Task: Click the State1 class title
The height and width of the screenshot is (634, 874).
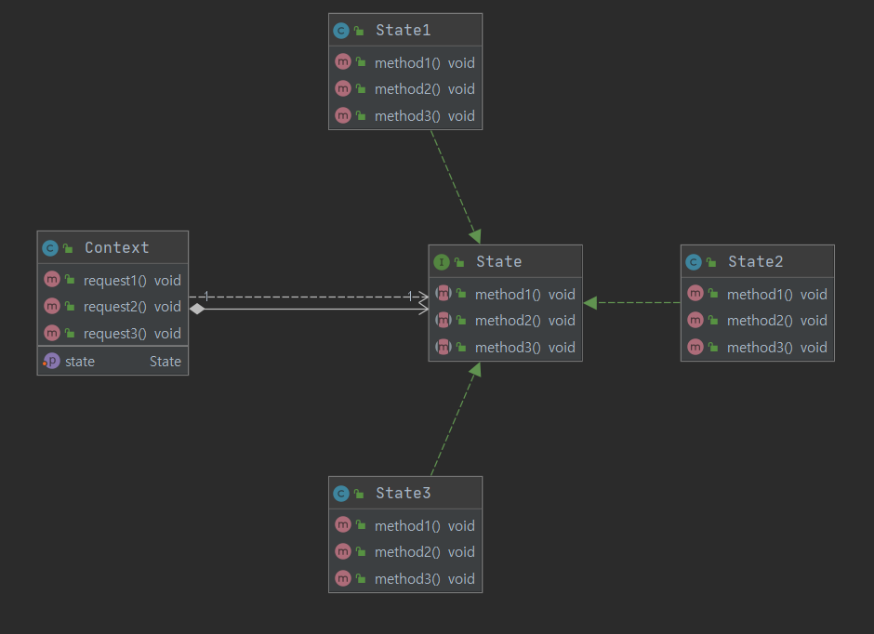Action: click(x=403, y=30)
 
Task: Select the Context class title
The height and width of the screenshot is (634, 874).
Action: click(x=116, y=247)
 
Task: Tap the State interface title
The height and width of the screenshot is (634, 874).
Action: click(x=498, y=261)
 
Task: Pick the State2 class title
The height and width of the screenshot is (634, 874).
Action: click(x=756, y=261)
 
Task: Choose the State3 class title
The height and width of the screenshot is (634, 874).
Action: click(x=403, y=493)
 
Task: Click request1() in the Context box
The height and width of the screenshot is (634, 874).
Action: click(x=115, y=280)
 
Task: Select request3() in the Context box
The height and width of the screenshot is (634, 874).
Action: click(x=115, y=333)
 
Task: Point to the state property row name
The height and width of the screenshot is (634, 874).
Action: click(x=80, y=361)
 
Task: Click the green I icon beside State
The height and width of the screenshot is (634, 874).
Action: click(x=442, y=262)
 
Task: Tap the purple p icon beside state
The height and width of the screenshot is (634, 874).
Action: click(x=51, y=361)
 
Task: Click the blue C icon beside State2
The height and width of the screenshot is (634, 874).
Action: click(x=694, y=262)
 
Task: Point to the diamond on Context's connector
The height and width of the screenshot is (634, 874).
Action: click(x=196, y=309)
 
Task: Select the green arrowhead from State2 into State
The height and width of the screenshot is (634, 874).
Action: click(x=590, y=302)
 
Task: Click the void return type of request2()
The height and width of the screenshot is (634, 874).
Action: click(x=167, y=306)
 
